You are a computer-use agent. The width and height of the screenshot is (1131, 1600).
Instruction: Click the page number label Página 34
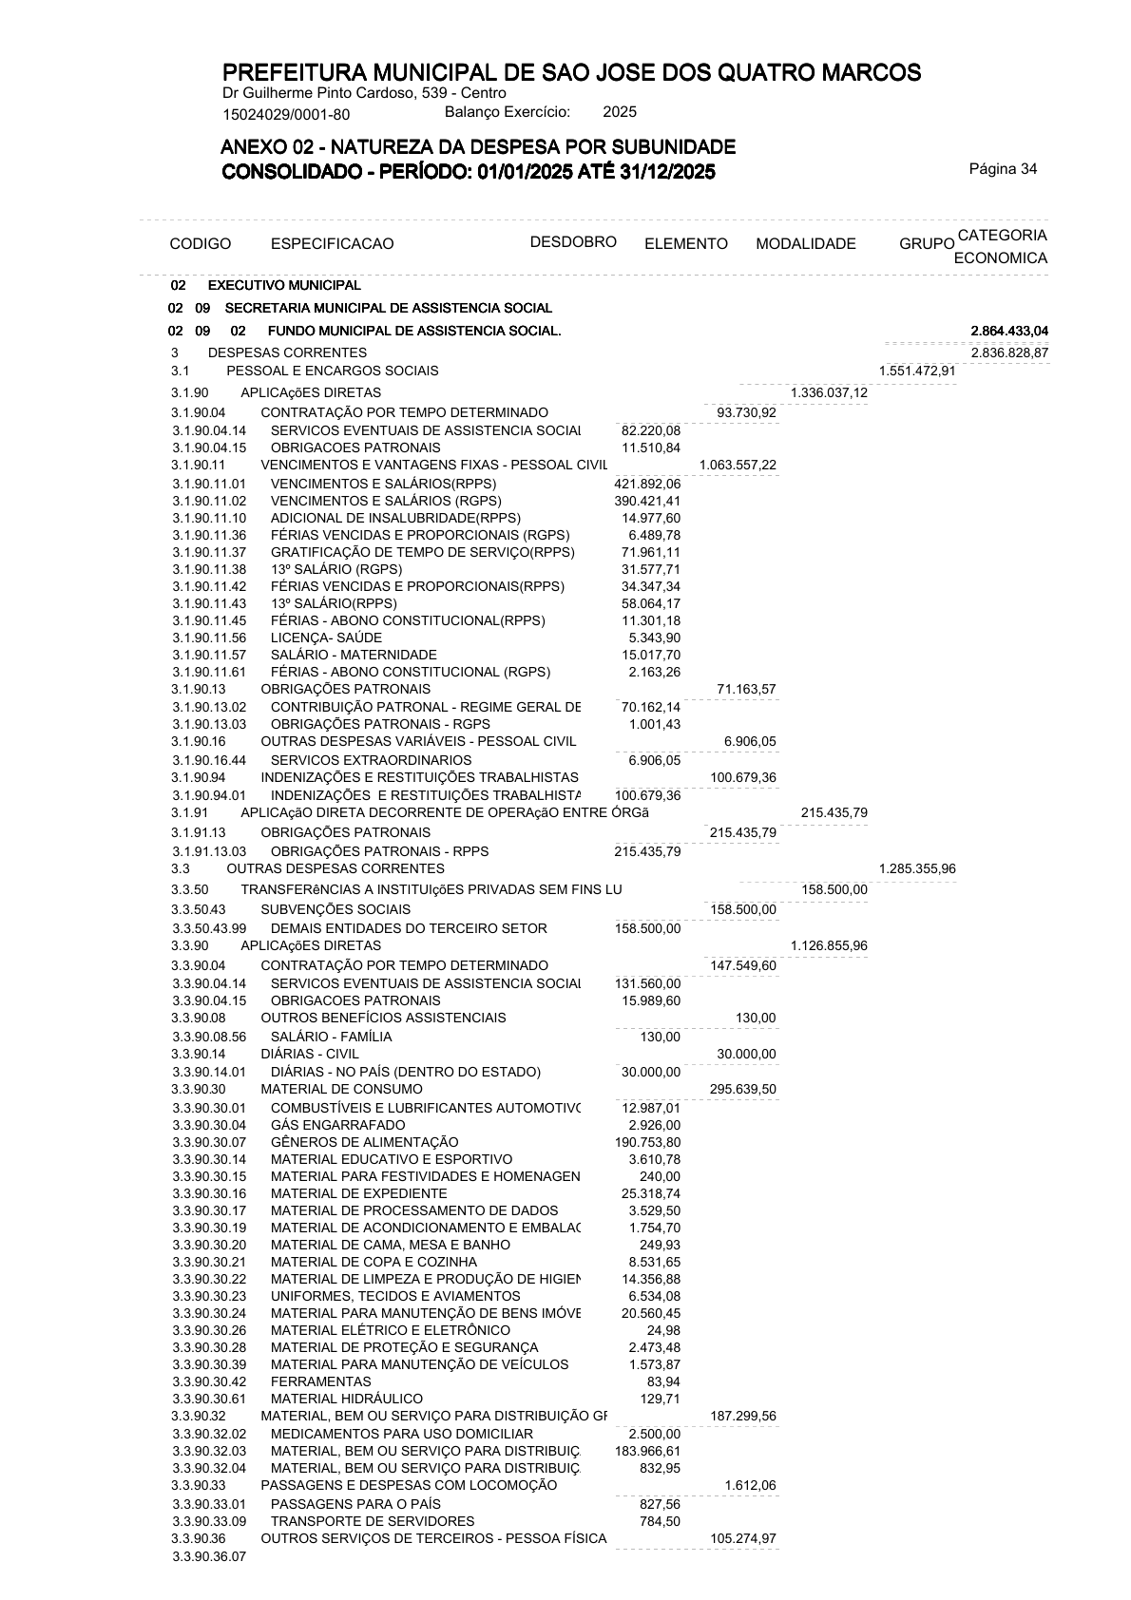(1003, 169)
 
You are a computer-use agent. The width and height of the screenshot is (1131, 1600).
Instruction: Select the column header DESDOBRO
(573, 241)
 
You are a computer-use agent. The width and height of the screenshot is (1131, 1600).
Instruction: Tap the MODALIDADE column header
(805, 244)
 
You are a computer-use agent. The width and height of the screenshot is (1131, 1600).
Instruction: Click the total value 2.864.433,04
(1009, 331)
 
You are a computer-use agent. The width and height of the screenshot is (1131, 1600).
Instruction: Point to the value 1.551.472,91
(917, 371)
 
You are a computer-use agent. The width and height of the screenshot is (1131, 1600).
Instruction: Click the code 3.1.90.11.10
(209, 518)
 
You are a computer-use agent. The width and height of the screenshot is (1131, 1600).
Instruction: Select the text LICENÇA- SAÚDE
(326, 638)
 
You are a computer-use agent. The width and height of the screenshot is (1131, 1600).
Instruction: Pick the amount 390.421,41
(647, 501)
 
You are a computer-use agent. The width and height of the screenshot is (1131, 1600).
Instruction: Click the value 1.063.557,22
(738, 465)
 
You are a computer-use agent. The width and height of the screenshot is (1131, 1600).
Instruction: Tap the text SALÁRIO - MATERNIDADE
(354, 655)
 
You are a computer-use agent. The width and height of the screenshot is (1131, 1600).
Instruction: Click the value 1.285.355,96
(917, 868)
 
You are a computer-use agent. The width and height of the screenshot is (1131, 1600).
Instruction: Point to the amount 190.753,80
(647, 1142)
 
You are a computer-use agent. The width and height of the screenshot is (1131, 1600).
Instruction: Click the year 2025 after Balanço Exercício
(620, 112)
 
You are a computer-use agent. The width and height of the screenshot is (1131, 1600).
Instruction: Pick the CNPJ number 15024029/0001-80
(286, 115)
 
